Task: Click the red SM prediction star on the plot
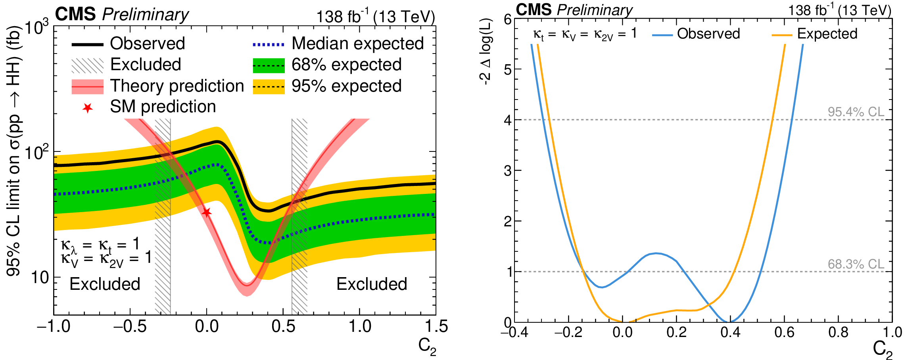(x=206, y=213)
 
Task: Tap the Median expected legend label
(x=357, y=44)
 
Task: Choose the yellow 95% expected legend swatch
(x=269, y=86)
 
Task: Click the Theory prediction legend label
(x=177, y=86)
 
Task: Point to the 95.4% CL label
(x=856, y=112)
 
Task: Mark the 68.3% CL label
(x=856, y=264)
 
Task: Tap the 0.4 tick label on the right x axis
(x=730, y=332)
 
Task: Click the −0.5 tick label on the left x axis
(x=130, y=327)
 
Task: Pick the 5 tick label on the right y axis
(x=507, y=69)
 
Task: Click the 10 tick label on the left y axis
(x=40, y=278)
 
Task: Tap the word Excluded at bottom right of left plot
(x=372, y=284)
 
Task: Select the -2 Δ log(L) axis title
(x=486, y=52)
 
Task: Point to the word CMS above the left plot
(x=75, y=15)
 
